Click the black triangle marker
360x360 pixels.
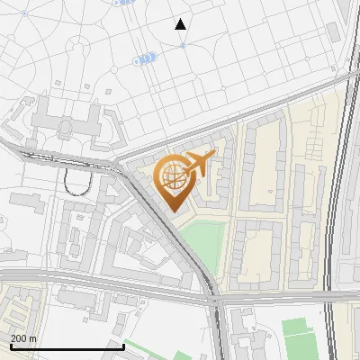pyautogui.click(x=181, y=24)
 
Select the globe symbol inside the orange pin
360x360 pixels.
pyautogui.click(x=171, y=177)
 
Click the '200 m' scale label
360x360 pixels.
pyautogui.click(x=24, y=338)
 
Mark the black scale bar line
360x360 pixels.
pyautogui.click(x=67, y=346)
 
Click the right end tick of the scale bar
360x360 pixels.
pyautogui.click(x=123, y=345)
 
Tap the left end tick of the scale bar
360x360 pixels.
pyautogui.click(x=10, y=345)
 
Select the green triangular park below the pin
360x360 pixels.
pyautogui.click(x=203, y=244)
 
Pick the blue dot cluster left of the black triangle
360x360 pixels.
pyautogui.click(x=145, y=58)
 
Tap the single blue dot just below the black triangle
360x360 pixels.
pyautogui.click(x=183, y=44)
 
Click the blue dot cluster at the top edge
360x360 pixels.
pyautogui.click(x=125, y=3)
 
